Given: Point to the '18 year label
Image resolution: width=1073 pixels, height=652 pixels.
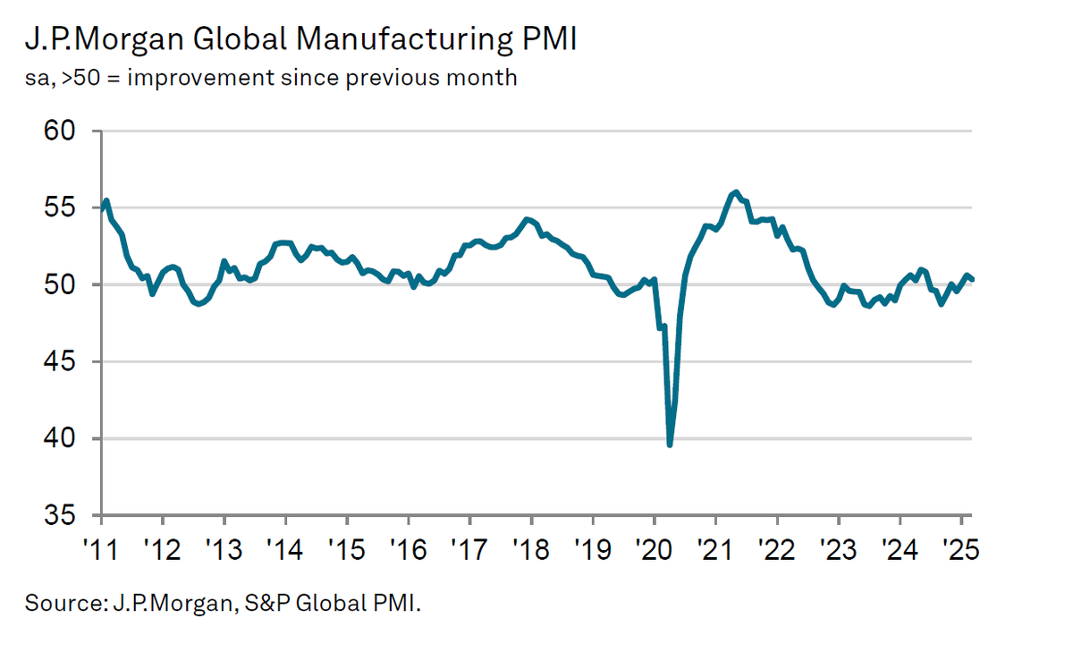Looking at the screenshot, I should click(x=531, y=546).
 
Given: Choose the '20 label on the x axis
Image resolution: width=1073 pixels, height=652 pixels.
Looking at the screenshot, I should click(x=654, y=546).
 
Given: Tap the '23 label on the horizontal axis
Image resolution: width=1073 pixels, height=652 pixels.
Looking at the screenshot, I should click(x=838, y=546).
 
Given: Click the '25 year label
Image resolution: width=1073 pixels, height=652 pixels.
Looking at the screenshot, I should click(x=960, y=546).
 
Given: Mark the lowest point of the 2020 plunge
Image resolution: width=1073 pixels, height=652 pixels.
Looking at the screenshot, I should click(x=670, y=445).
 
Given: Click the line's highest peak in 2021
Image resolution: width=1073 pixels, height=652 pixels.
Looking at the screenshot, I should click(x=735, y=192).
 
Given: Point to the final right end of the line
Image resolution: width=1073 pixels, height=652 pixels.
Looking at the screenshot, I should click(x=972, y=279).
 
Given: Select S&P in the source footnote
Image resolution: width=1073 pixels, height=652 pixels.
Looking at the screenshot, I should click(x=258, y=604).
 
